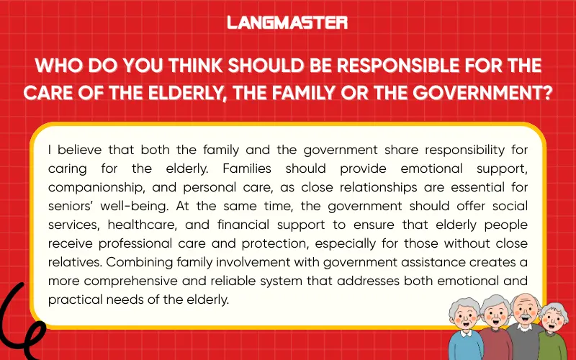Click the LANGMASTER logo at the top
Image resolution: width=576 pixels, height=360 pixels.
287,23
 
